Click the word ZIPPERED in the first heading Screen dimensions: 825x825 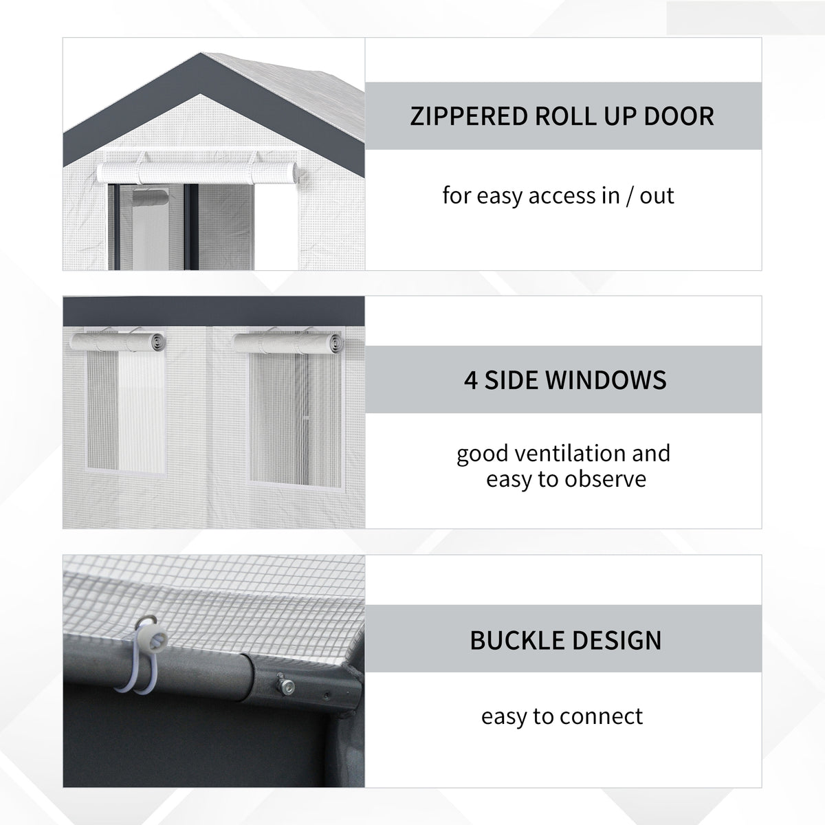(470, 116)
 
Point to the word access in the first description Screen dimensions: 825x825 (563, 197)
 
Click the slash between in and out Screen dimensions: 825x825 (628, 196)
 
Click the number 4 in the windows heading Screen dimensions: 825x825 (470, 380)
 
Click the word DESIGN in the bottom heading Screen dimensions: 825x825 (617, 640)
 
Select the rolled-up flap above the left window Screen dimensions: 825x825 (118, 342)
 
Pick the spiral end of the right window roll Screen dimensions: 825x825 (335, 343)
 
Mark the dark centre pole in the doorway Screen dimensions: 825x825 (191, 227)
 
